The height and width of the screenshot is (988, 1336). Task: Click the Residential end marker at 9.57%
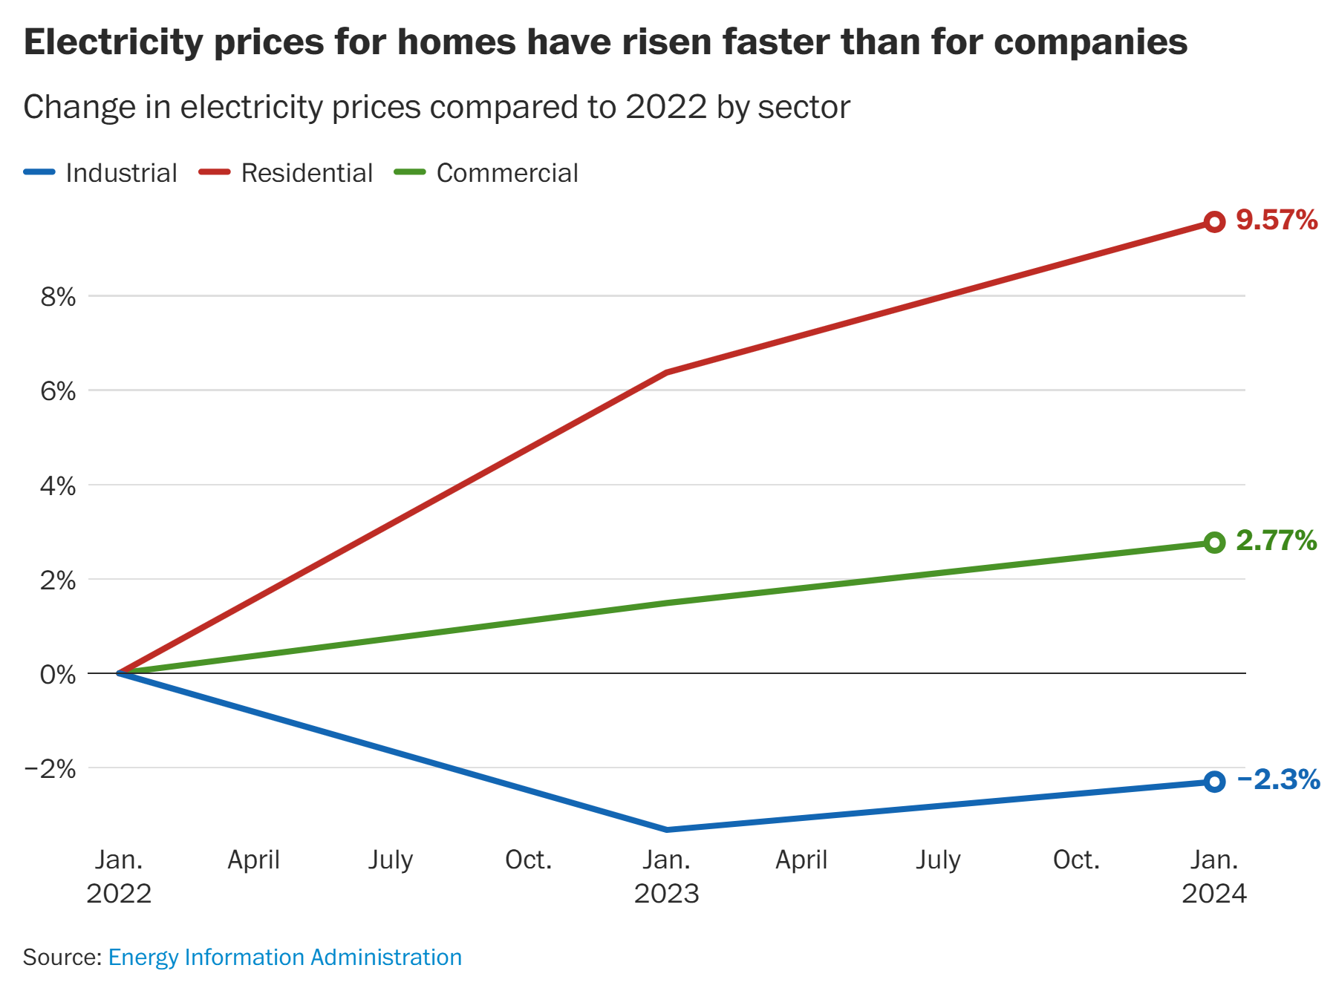[x=1214, y=222]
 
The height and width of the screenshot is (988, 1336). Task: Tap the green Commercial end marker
[x=1214, y=543]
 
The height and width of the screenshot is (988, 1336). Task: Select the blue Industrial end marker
[x=1214, y=782]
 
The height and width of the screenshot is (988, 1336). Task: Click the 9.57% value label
[x=1277, y=220]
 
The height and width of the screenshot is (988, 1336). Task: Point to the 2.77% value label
[x=1276, y=540]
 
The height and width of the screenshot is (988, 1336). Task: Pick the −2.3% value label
[x=1278, y=779]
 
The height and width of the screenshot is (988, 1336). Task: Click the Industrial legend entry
[x=101, y=173]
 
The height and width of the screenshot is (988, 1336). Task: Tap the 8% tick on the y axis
[x=58, y=297]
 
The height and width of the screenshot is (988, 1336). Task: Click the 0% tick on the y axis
[x=58, y=675]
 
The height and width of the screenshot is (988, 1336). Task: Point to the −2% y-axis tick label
[x=50, y=769]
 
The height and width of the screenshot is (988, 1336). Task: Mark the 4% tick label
[x=58, y=486]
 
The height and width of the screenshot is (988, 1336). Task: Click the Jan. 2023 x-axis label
[x=666, y=876]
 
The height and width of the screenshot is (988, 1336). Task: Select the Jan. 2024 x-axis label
[x=1214, y=876]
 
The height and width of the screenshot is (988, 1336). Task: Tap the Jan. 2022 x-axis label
[x=119, y=876]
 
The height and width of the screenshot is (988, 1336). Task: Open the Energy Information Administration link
[x=285, y=957]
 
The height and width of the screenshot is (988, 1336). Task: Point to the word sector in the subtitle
[x=804, y=107]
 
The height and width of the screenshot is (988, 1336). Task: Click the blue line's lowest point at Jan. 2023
[x=666, y=829]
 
